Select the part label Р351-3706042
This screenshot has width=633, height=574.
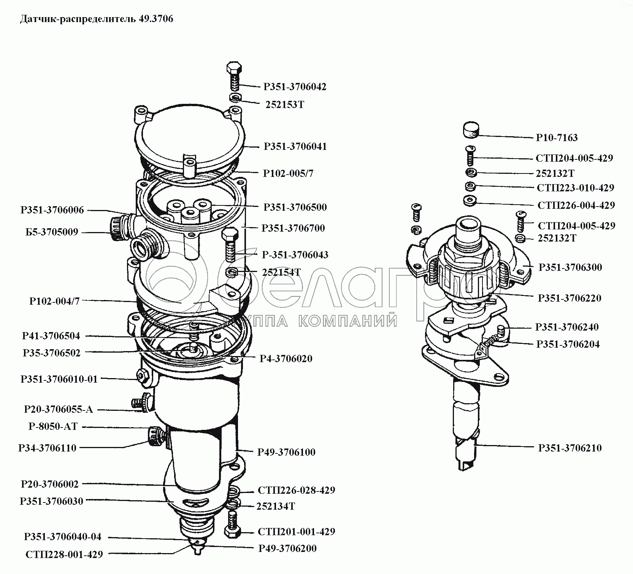[x=295, y=87]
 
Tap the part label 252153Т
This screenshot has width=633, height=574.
[x=285, y=105]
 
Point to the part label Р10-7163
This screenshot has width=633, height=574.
[x=557, y=137]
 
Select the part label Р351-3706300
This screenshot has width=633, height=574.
[x=570, y=267]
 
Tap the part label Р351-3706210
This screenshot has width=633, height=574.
[x=570, y=448]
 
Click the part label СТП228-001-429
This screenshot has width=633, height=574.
[x=64, y=554]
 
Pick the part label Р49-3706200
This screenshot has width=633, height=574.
[x=287, y=548]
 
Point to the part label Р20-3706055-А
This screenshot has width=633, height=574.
[x=58, y=409]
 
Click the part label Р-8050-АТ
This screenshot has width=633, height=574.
[x=53, y=426]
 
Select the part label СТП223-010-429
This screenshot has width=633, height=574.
[x=575, y=188]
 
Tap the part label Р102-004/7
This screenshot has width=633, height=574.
[x=54, y=301]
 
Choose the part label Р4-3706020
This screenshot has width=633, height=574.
[x=286, y=358]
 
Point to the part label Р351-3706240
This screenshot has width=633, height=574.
[x=566, y=327]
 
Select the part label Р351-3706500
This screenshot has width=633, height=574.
[x=295, y=207]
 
